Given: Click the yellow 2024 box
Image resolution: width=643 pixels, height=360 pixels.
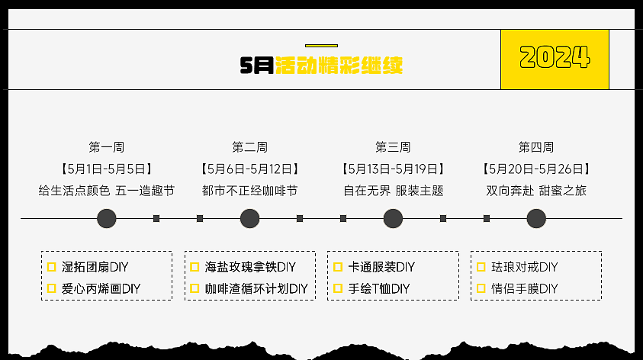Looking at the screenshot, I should click(555, 59).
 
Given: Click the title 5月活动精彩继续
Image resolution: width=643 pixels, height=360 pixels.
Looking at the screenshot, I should click(321, 66).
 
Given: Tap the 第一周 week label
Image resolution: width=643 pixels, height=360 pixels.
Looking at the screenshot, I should click(107, 147).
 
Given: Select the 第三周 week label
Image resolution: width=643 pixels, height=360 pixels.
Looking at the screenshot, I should click(393, 147).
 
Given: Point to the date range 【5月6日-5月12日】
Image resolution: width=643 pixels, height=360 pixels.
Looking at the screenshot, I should click(250, 169).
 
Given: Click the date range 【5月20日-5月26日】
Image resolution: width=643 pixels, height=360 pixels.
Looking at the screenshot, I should click(536, 169).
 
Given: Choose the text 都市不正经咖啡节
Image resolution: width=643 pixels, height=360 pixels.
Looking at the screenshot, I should click(250, 191).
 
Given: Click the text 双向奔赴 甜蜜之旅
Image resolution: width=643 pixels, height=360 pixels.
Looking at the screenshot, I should click(536, 191).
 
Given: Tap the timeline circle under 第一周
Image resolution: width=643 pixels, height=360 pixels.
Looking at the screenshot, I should click(107, 219).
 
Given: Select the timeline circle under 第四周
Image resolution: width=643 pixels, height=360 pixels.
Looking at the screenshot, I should click(536, 219).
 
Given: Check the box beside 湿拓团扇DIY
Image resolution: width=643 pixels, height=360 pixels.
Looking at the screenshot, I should click(52, 267).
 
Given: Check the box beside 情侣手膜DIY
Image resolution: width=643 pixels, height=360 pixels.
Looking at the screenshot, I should click(481, 288).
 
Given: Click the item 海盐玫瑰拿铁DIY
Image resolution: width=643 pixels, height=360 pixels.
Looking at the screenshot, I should click(250, 267).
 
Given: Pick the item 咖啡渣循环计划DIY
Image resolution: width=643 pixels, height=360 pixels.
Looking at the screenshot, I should click(256, 288).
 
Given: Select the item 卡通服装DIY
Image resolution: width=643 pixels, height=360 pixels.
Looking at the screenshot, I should click(381, 267).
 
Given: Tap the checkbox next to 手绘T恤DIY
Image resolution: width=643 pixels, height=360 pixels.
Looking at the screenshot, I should click(338, 288).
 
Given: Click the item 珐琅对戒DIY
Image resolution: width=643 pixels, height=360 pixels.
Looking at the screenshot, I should click(525, 267).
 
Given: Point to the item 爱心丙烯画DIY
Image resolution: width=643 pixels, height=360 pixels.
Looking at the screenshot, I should click(101, 288).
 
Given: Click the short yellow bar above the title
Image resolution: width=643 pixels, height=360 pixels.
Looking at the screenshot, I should click(321, 46).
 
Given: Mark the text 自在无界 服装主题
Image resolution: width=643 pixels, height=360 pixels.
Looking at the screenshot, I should click(393, 191).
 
